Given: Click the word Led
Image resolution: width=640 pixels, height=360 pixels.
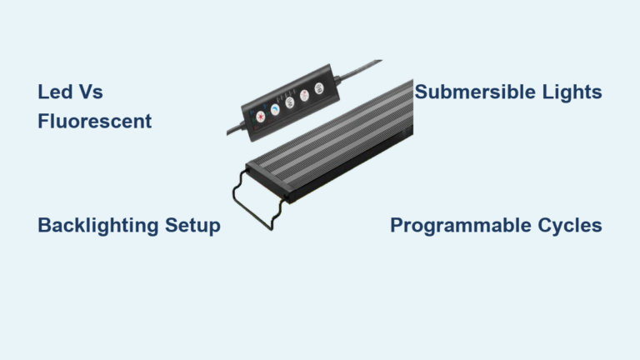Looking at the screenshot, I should coord(53,92).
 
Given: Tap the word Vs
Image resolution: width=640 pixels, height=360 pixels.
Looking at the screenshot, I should coord(89,92).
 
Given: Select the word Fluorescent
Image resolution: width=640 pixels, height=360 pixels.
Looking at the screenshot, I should coord(94,122).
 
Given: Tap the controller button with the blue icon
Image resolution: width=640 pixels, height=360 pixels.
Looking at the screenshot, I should coord(273,108).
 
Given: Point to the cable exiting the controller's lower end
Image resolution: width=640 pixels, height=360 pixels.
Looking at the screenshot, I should coord(233,132).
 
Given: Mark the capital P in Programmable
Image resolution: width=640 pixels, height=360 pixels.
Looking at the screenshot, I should coord(397,226).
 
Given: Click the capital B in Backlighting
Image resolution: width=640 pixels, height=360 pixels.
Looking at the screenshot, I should coord(44,226).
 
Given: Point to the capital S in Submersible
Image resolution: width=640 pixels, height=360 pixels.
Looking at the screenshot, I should coord(421,92).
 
